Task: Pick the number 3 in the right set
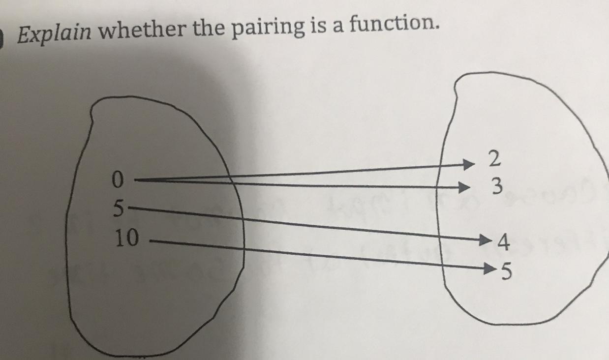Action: pos(497,186)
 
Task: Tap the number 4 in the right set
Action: pos(502,242)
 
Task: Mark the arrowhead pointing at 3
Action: pos(463,187)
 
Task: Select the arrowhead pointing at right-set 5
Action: pos(490,269)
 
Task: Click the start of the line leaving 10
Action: pos(151,241)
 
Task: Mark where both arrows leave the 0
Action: pos(136,180)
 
